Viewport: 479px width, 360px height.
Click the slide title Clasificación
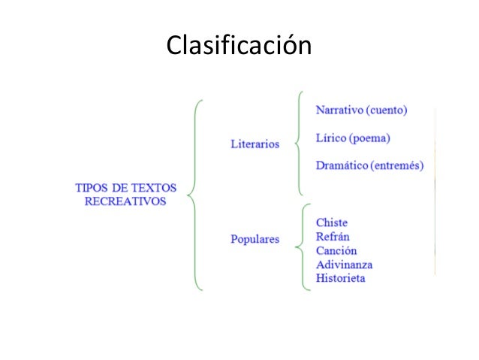point(239,45)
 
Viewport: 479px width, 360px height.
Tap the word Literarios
point(254,144)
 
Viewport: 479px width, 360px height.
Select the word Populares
point(254,240)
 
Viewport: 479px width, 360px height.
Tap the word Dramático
point(342,165)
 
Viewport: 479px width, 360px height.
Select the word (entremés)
point(397,165)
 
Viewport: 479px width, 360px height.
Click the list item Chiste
point(332,222)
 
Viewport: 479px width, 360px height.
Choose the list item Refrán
point(333,237)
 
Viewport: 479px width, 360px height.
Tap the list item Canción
point(336,250)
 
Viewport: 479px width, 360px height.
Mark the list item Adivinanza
point(344,265)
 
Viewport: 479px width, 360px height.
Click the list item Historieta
point(341,278)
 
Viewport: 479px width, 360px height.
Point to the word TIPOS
point(91,188)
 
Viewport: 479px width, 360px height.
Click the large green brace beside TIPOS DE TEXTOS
point(194,194)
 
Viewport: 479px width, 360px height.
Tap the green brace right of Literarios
point(300,143)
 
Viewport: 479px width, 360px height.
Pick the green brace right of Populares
point(301,245)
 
